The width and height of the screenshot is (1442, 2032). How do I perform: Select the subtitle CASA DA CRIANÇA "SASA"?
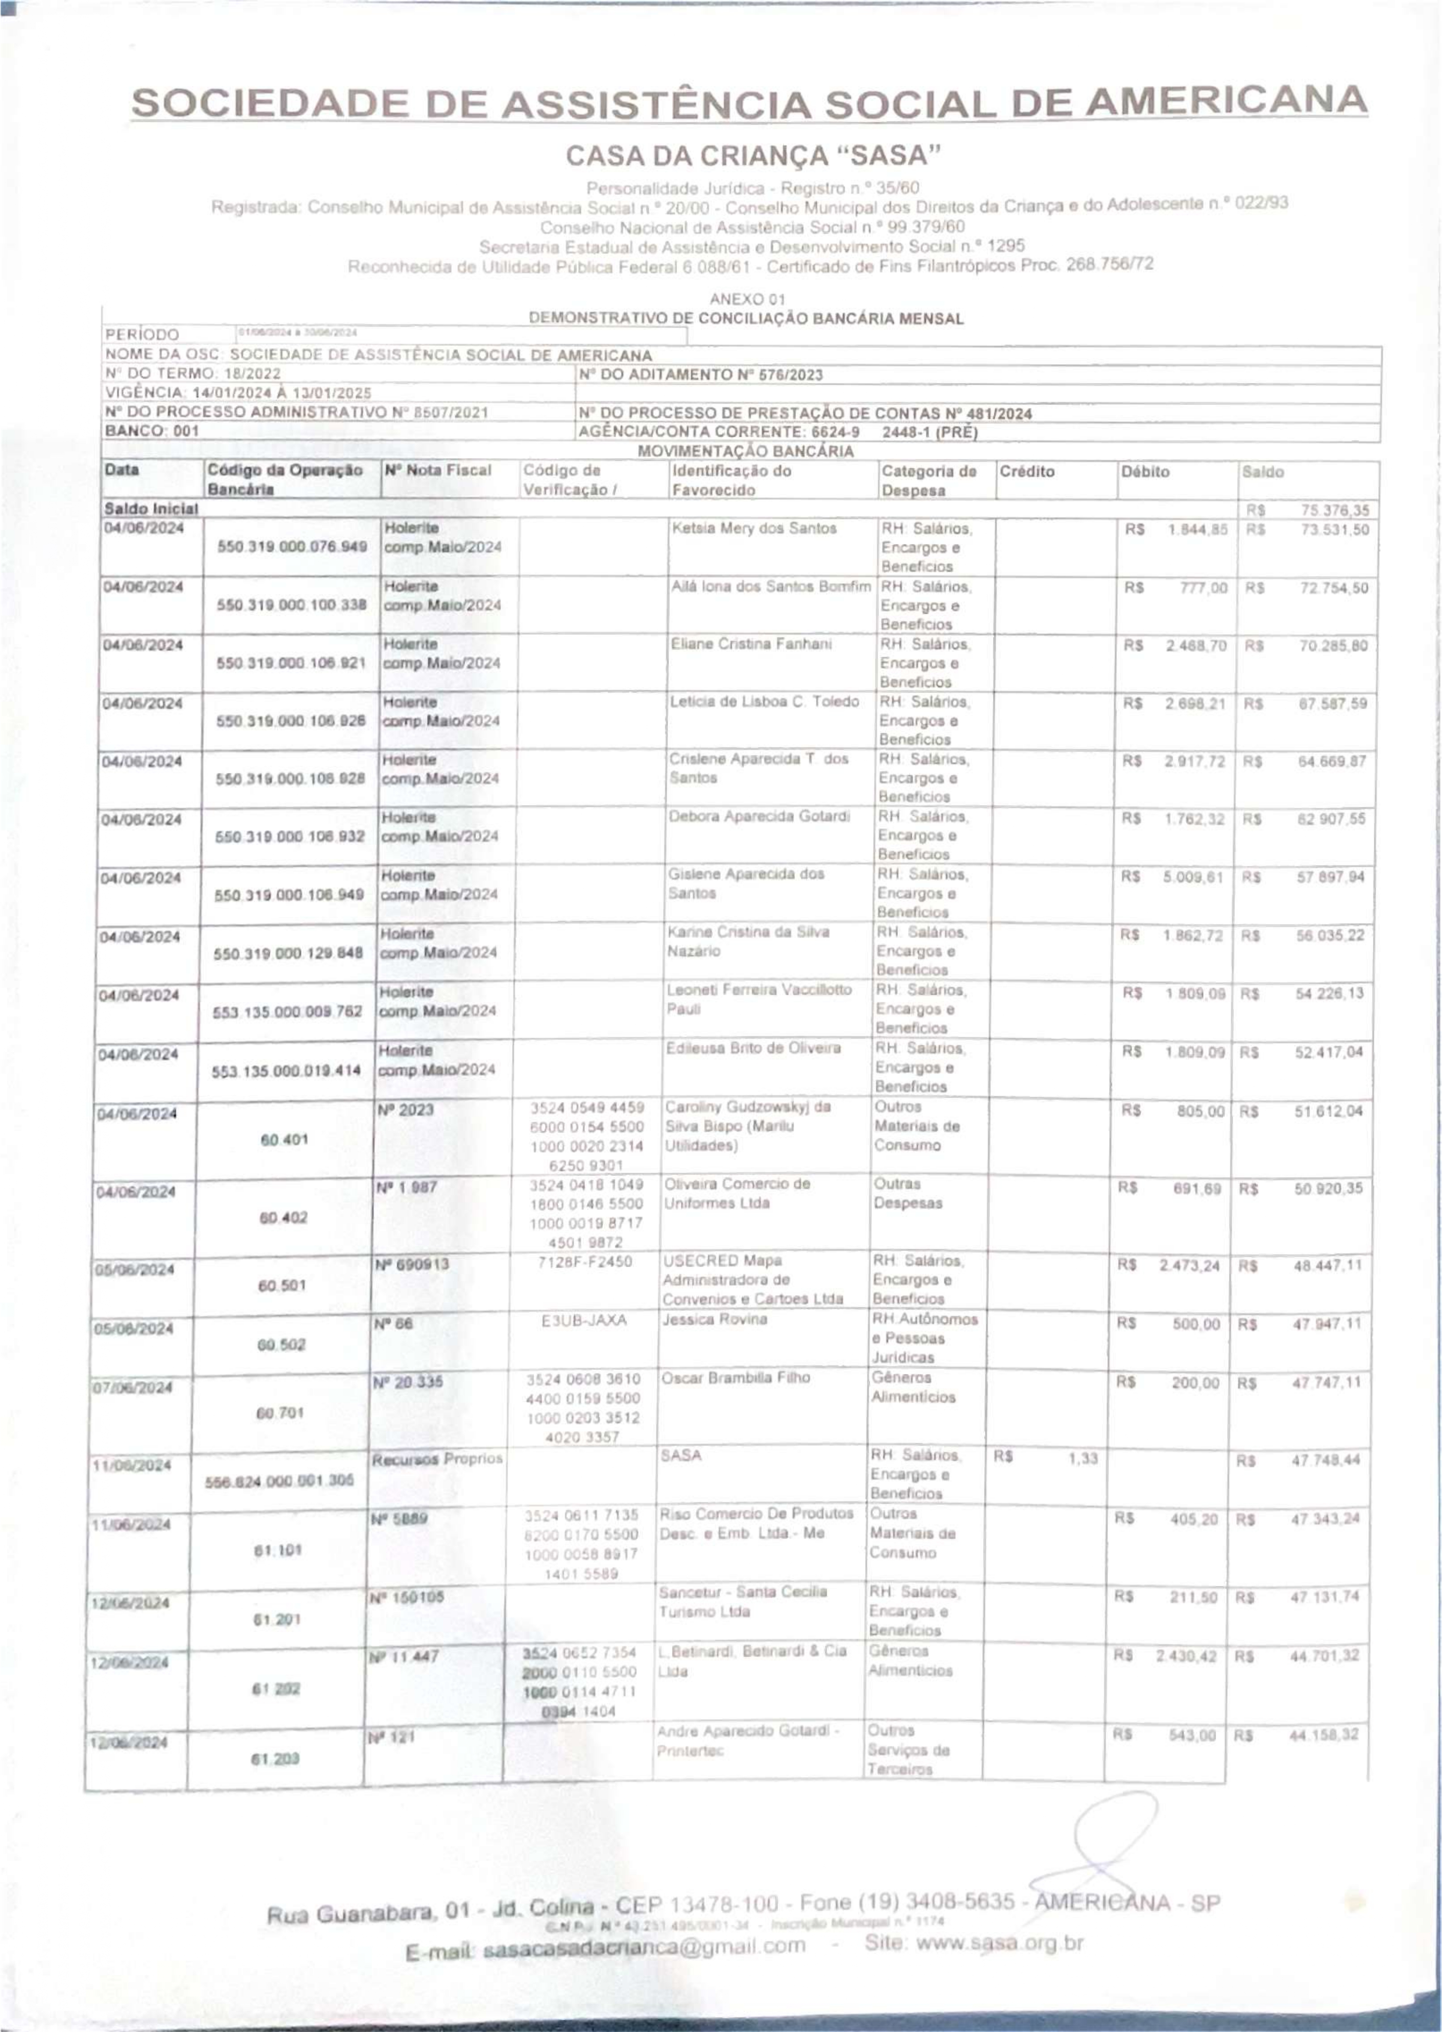(753, 156)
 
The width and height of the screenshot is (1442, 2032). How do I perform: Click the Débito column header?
(1144, 471)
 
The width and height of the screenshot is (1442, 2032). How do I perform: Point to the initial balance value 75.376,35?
(1334, 510)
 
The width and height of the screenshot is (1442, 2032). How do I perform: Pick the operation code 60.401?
(284, 1139)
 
